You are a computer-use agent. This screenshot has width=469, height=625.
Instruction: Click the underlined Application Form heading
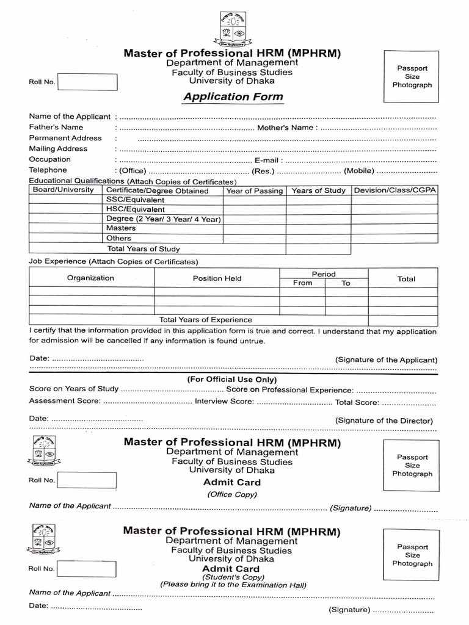click(x=231, y=97)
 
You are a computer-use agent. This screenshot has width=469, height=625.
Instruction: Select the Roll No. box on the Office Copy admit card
click(x=87, y=480)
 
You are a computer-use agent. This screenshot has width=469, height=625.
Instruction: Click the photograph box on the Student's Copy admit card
click(x=412, y=555)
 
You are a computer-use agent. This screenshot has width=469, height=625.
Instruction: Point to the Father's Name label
click(x=56, y=127)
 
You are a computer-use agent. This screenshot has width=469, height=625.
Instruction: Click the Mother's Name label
click(x=285, y=128)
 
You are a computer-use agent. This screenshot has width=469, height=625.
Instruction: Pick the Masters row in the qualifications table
click(x=121, y=228)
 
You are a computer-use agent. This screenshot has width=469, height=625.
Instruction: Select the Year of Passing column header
click(x=254, y=191)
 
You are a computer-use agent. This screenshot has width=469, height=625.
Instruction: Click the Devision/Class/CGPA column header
click(x=395, y=190)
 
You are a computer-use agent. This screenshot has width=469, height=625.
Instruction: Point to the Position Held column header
click(x=217, y=278)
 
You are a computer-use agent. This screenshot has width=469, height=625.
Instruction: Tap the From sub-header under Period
click(x=302, y=283)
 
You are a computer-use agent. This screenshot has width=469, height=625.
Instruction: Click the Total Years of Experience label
click(x=205, y=319)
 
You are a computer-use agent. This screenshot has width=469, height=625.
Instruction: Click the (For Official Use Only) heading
click(x=231, y=380)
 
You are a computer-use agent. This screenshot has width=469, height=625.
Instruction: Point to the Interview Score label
click(x=224, y=402)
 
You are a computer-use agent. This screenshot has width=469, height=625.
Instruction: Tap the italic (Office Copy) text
click(x=231, y=494)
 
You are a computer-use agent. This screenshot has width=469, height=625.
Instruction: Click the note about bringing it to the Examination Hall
click(x=233, y=584)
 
